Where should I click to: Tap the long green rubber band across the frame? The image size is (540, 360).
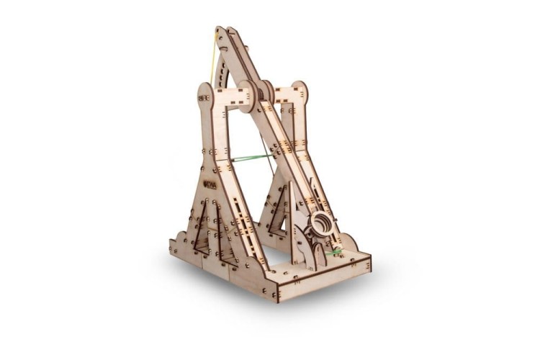pyautogui.click(x=252, y=158)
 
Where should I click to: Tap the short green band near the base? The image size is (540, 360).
pyautogui.click(x=333, y=253)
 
